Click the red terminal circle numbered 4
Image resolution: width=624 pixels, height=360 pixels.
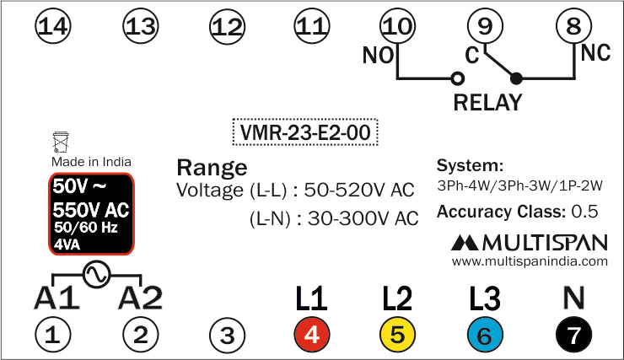[x=311, y=336]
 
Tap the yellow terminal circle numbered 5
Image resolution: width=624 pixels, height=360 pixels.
[x=398, y=336]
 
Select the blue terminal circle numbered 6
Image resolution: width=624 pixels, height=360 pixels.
[x=485, y=336]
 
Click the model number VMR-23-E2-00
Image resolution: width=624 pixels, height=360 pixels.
[x=305, y=132]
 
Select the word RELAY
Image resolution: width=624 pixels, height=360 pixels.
[x=487, y=103]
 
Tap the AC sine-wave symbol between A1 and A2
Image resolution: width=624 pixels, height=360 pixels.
[x=95, y=274]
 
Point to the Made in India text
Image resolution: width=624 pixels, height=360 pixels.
[x=91, y=161]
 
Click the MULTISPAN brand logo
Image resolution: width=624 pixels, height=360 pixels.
[x=530, y=244]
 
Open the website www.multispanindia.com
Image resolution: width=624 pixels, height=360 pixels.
[x=530, y=262]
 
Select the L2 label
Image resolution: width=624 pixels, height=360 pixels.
[x=397, y=298]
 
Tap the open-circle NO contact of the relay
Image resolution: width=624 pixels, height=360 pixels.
[x=458, y=79]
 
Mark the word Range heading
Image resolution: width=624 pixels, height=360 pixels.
[x=212, y=166]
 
